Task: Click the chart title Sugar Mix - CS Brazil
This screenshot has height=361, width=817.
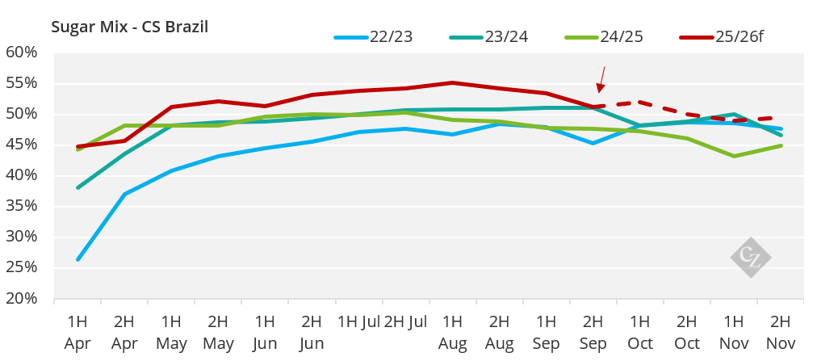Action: tap(130, 27)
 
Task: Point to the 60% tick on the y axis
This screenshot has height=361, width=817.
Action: tap(22, 52)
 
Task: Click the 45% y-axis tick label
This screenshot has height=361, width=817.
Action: tap(22, 145)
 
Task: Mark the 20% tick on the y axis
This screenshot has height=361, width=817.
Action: tap(22, 298)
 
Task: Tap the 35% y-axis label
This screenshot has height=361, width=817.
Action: tap(22, 206)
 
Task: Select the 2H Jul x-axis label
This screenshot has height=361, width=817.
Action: tap(405, 322)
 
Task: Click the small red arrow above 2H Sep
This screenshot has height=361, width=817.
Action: tap(601, 79)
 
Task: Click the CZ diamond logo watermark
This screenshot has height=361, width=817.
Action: tap(750, 258)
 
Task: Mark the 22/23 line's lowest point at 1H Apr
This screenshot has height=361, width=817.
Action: tap(78, 259)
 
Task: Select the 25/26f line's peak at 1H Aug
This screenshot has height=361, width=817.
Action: tap(452, 82)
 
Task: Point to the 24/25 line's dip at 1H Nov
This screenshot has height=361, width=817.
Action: tap(734, 156)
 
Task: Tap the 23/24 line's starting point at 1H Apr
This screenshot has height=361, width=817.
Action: tap(78, 187)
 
